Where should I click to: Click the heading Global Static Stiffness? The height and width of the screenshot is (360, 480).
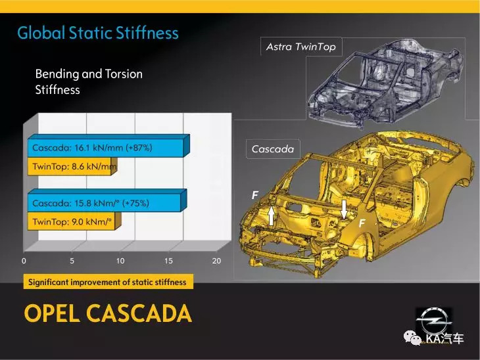click(x=98, y=33)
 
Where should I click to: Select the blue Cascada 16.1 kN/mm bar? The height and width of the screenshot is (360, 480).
click(x=108, y=146)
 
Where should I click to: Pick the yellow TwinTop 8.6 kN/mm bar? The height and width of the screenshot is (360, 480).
click(x=72, y=166)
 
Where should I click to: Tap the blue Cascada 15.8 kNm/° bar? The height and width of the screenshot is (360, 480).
click(x=107, y=200)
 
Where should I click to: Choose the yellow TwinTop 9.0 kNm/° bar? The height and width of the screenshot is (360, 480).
click(x=74, y=221)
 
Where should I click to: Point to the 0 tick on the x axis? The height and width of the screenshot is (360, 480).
click(x=24, y=261)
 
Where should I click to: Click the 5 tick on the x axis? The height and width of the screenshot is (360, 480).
click(x=72, y=261)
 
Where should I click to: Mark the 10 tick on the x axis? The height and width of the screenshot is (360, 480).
click(x=120, y=261)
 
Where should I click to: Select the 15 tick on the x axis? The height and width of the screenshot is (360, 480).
click(x=168, y=261)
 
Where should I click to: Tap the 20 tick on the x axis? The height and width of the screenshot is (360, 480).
click(x=216, y=261)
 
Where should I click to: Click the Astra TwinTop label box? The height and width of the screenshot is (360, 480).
click(x=301, y=47)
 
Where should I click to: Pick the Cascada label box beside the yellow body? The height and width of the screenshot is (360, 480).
click(x=273, y=149)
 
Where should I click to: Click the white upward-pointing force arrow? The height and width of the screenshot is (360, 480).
click(x=271, y=216)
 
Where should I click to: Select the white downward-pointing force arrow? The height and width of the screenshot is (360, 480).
click(x=344, y=210)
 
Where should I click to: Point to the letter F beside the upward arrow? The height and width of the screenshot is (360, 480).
click(x=254, y=195)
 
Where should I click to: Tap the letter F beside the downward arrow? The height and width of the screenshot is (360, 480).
click(x=362, y=223)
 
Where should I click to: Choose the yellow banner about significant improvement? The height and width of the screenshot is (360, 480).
click(x=108, y=282)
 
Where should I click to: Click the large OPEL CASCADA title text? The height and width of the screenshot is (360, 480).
click(x=108, y=313)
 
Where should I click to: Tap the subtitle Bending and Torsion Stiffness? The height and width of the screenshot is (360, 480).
click(x=89, y=81)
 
